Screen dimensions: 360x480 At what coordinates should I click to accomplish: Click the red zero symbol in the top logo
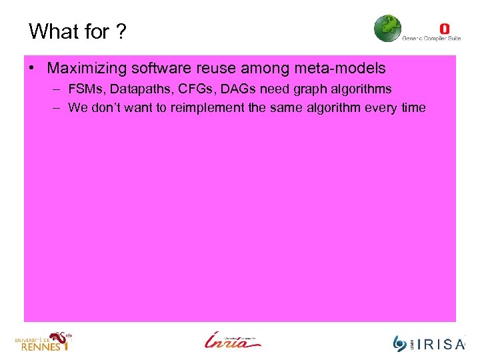[x=445, y=28]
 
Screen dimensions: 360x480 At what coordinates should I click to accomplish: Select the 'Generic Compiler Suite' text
[x=431, y=39]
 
